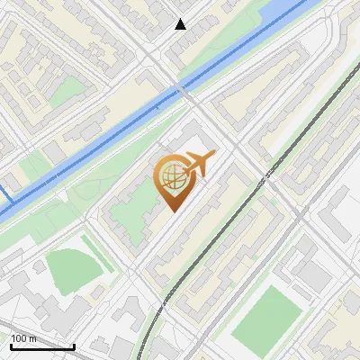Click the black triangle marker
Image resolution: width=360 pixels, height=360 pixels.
[181, 24]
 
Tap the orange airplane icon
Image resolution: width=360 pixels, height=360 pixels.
[199, 164]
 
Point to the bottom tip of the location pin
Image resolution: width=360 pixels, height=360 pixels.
[171, 211]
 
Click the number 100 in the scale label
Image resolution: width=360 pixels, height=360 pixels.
[20, 338]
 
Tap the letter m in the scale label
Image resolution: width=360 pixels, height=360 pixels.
[34, 338]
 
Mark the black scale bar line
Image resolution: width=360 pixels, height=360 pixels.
[41, 346]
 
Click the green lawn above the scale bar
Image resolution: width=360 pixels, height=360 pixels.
[72, 270]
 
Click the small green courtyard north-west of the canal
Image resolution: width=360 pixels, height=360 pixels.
[67, 91]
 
